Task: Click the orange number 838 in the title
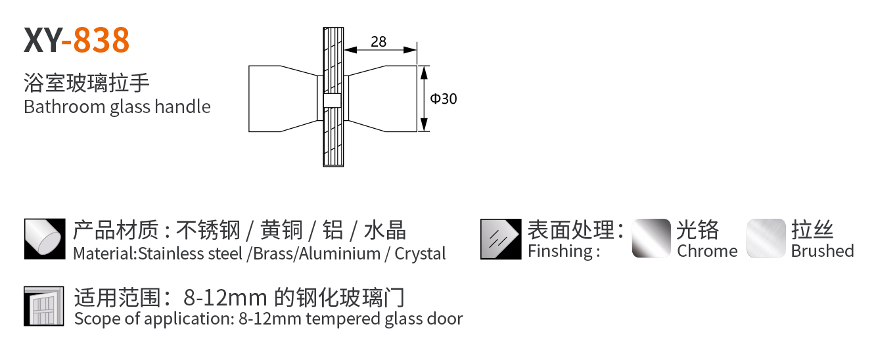tap(101, 40)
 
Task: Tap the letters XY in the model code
tap(41, 40)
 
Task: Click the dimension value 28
tap(379, 42)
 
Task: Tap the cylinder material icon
tap(45, 238)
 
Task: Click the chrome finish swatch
tap(651, 238)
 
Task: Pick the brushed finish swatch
tap(766, 238)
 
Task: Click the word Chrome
tap(707, 251)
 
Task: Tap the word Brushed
tap(822, 251)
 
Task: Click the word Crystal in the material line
tap(420, 254)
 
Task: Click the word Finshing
tap(560, 251)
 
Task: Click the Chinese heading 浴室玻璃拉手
tap(87, 83)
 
